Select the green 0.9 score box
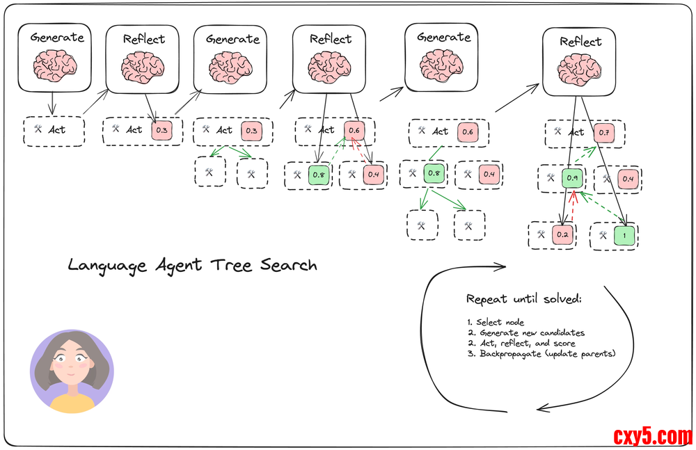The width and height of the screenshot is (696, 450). point(571,179)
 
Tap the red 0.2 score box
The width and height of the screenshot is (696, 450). point(563,235)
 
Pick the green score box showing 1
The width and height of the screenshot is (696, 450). point(624,235)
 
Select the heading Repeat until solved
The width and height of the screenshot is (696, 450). point(523,300)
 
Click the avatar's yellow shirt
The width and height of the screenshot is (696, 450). point(72,403)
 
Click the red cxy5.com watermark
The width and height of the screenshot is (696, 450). point(652,436)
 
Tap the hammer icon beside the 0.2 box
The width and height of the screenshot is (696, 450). point(541,234)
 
